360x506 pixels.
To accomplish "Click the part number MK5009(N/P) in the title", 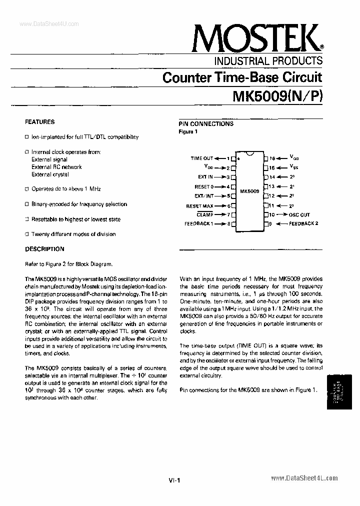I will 277,95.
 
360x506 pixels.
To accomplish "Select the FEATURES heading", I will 40,121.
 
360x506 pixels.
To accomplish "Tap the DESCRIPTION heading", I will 44,249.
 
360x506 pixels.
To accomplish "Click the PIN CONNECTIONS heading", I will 206,124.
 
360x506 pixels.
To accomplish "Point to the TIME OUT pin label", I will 202,158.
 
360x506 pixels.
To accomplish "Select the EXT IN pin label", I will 205,177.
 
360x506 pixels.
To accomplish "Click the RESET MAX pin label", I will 200,205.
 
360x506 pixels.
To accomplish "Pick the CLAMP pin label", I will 205,214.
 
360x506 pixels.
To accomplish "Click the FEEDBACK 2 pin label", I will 303,223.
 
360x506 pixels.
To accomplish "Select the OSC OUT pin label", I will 299,214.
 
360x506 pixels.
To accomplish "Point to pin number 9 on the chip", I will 270,224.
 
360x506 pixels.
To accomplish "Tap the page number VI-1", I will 174,480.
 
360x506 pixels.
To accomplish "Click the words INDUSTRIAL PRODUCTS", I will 268,61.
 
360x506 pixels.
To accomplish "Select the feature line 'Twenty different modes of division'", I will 73,234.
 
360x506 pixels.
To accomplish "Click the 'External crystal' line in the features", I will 50,174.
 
